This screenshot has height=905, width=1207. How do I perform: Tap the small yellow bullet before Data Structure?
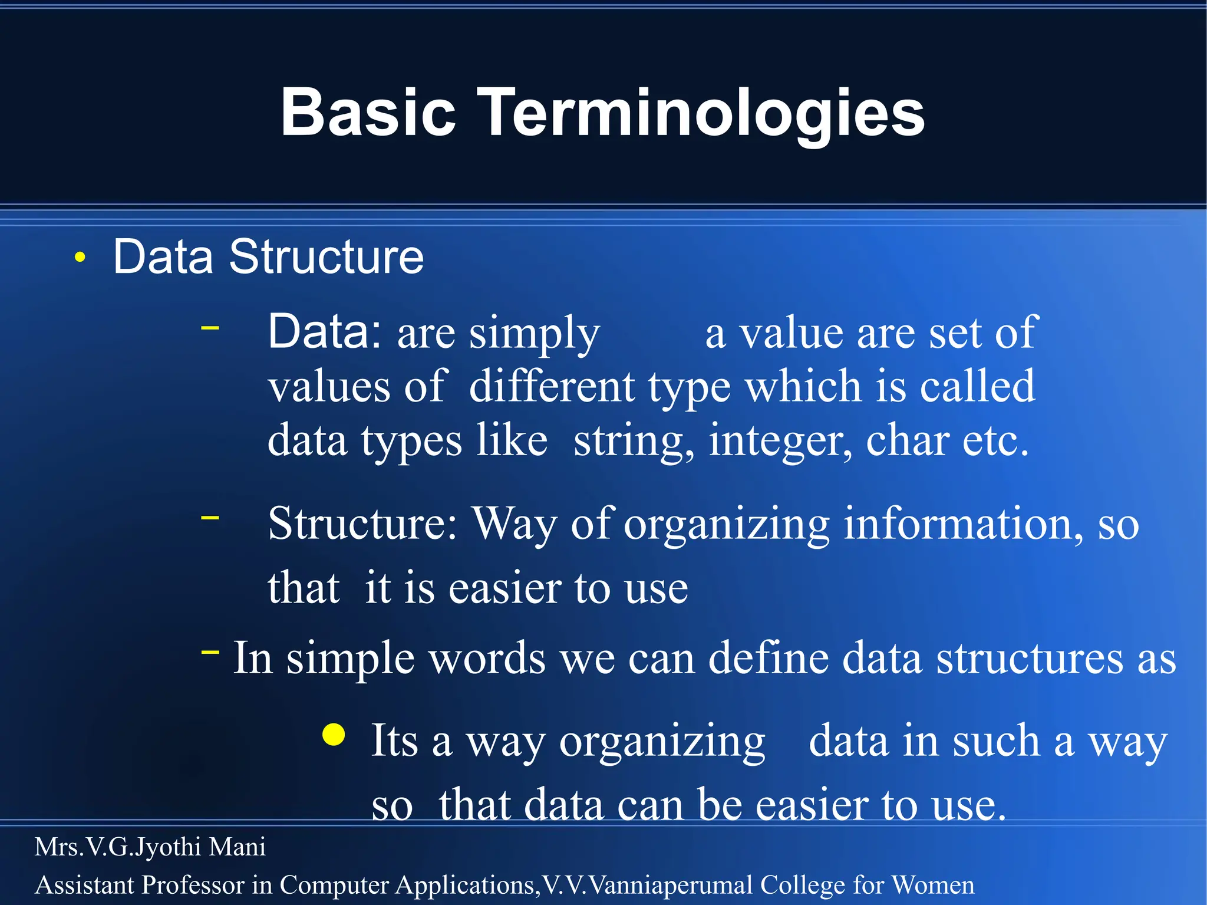pos(81,257)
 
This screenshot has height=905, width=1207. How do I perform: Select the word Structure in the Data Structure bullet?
pos(326,257)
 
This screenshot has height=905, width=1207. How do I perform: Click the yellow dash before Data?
pos(210,327)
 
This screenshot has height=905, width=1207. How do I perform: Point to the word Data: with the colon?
pos(325,332)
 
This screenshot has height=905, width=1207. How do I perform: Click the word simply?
pos(534,334)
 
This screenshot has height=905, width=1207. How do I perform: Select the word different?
pos(552,387)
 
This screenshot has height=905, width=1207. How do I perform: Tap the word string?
pos(633,441)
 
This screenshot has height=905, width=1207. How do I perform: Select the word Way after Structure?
pos(515,524)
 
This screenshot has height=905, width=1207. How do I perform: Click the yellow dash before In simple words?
pos(210,652)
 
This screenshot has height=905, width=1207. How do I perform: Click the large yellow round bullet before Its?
pos(334,735)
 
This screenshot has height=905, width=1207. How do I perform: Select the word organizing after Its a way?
pos(662,742)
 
